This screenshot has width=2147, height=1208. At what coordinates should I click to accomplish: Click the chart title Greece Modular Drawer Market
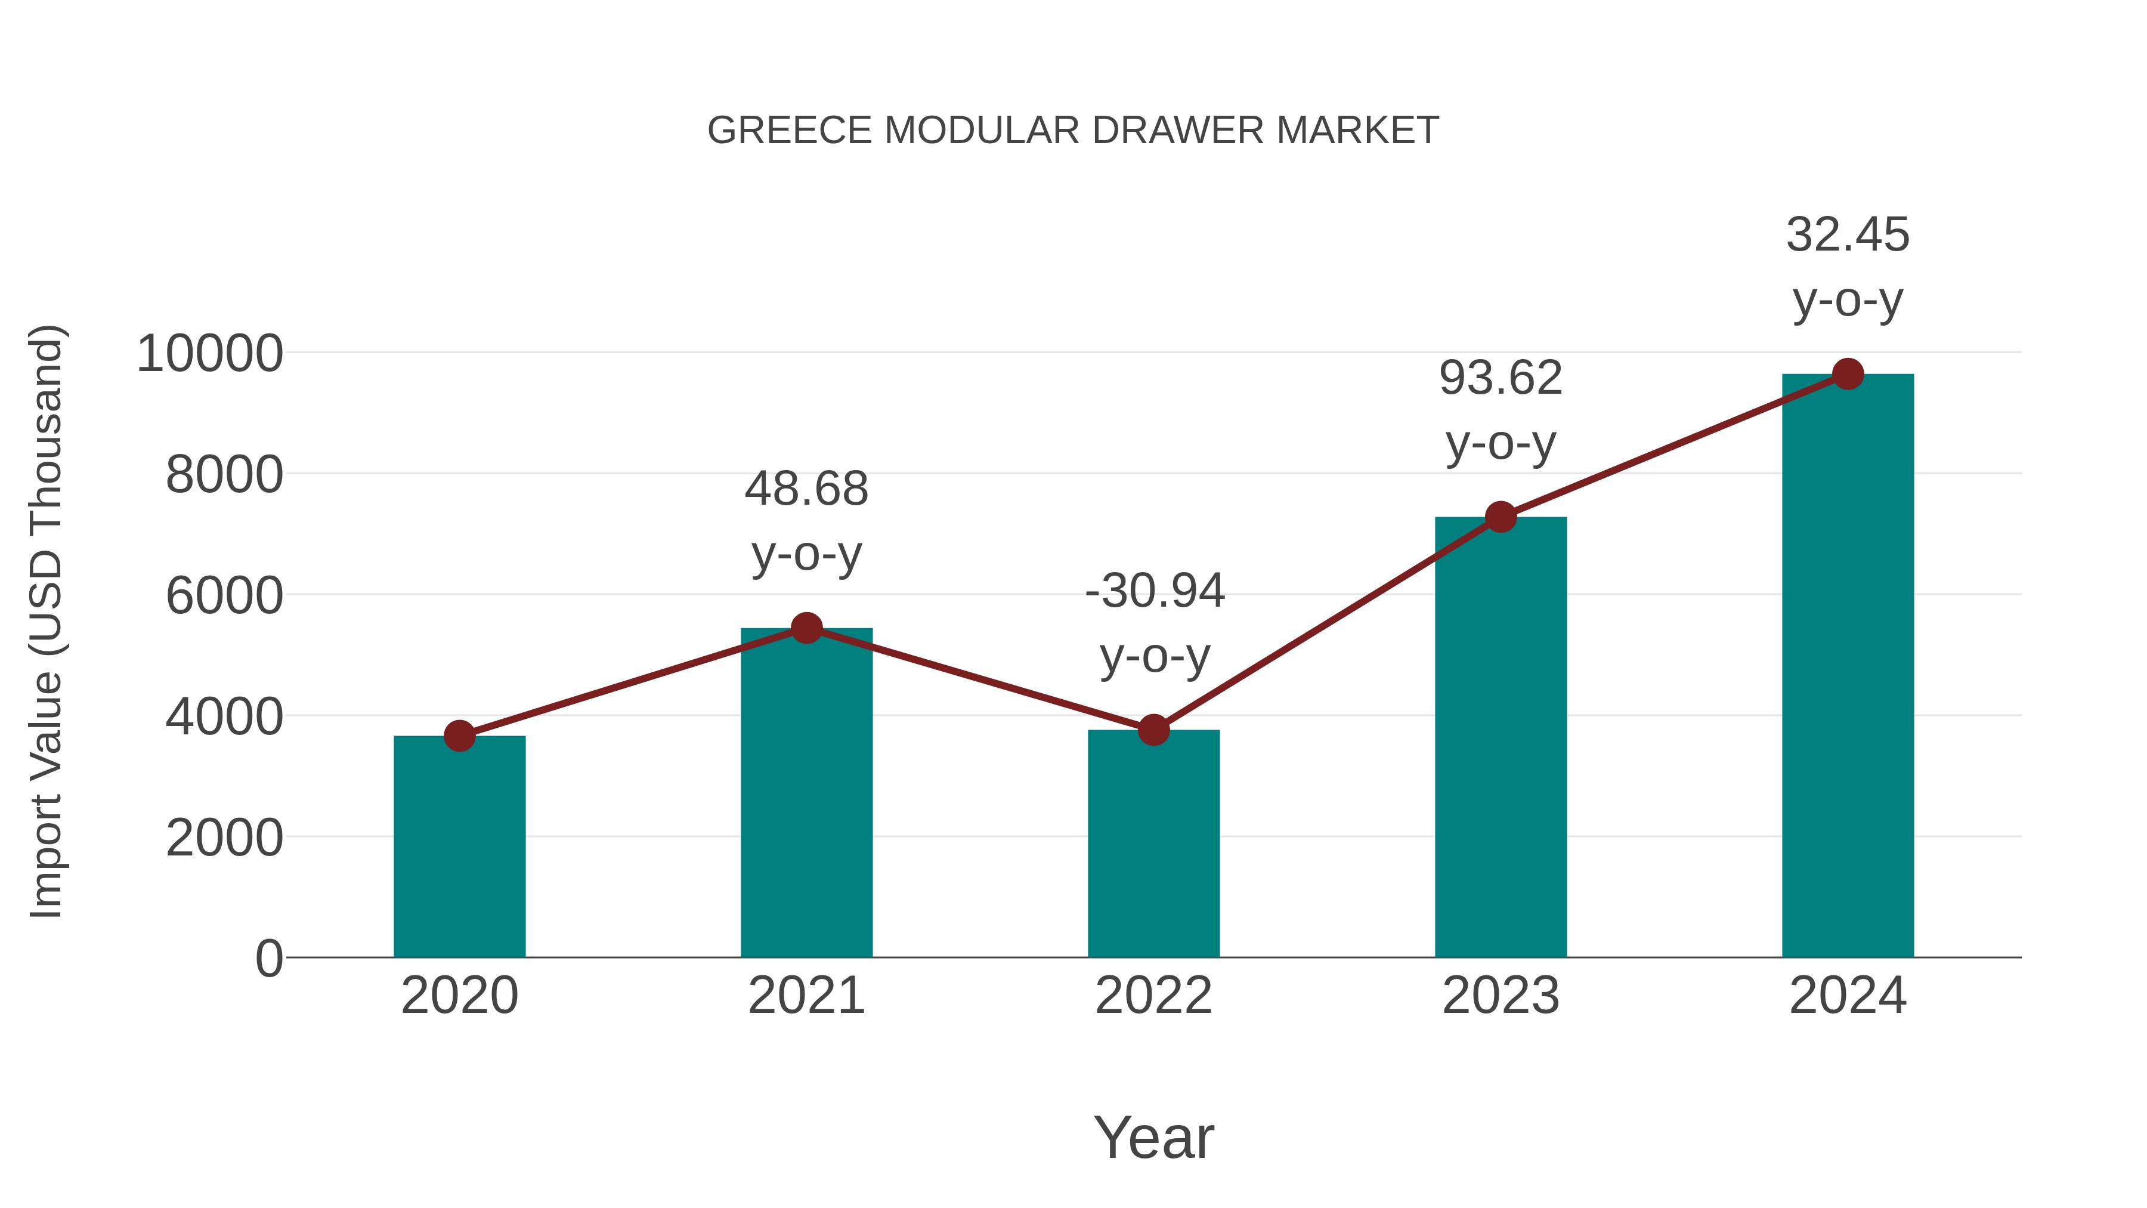click(1073, 131)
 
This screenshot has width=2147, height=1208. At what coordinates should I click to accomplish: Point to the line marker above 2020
click(459, 736)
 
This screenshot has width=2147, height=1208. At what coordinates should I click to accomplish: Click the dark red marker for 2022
click(1153, 730)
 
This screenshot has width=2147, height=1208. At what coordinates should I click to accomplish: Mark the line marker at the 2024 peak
click(1848, 374)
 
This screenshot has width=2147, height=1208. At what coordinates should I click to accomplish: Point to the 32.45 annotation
click(1848, 235)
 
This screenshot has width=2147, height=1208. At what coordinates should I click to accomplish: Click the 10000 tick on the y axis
click(210, 354)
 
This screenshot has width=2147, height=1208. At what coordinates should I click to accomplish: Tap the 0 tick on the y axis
click(269, 959)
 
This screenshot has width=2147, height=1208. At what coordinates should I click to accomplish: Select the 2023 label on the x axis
click(1501, 996)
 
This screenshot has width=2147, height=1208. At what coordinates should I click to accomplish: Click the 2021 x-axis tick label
click(806, 996)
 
